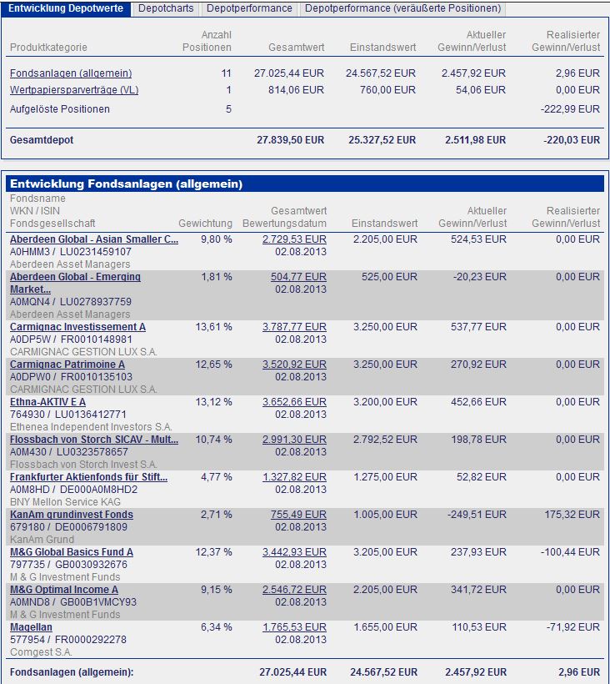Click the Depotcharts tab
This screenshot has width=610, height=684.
[x=166, y=8]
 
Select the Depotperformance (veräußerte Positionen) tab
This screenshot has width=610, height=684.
[x=403, y=8]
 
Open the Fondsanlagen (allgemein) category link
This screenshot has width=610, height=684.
[x=71, y=73]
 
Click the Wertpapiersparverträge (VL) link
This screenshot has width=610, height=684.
[x=75, y=90]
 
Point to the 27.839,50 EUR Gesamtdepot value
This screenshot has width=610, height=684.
[x=290, y=140]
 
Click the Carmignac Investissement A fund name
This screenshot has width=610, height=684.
[x=77, y=327]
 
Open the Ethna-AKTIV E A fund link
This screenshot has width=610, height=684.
[x=47, y=402]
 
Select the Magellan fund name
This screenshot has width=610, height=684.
[x=31, y=627]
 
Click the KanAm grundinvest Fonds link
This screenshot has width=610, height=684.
[x=71, y=515]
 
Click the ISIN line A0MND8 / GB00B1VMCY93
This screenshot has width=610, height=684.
[x=72, y=602]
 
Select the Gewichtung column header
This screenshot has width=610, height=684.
[x=205, y=224]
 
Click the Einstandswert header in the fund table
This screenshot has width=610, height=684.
[x=384, y=224]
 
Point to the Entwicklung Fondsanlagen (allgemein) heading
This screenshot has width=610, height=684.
[x=125, y=184]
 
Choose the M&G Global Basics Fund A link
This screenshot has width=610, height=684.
[x=71, y=552]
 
